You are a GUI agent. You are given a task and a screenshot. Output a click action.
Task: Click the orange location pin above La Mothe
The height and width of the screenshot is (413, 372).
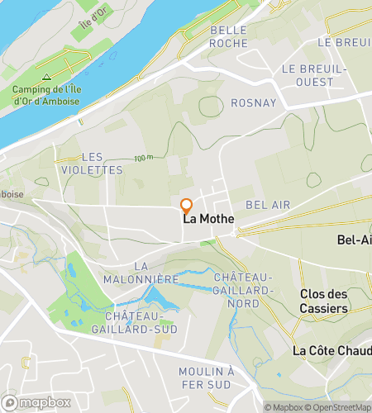[x=186, y=206]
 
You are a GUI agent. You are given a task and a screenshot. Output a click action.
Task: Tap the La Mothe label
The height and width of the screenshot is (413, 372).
[x=207, y=219]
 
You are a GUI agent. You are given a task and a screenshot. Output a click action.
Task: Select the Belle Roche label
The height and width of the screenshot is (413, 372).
[x=229, y=36]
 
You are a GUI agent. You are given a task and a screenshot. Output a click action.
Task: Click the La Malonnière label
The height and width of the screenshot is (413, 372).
[x=142, y=273]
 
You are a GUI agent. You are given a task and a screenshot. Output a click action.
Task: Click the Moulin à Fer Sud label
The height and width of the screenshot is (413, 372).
[x=231, y=378]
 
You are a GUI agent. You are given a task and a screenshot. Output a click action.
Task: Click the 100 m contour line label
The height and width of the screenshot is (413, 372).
[x=144, y=158]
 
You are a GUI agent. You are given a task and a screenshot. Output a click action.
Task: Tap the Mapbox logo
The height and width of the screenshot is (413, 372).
[x=41, y=403]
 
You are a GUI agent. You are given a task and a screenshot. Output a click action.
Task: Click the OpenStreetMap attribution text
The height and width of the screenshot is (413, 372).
[x=339, y=407]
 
